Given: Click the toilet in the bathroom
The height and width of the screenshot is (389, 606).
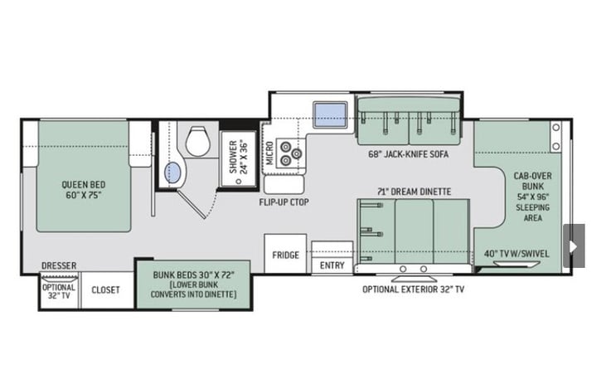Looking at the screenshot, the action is click(198, 141).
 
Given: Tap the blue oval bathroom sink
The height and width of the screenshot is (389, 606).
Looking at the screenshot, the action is click(172, 173).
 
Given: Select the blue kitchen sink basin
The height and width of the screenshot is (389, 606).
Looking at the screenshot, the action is click(330, 115).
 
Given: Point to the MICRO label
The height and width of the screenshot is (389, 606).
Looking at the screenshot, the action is click(269, 153).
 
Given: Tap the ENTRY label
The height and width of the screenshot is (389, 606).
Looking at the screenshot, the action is click(332, 265).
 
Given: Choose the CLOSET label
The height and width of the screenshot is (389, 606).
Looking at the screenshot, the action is click(105, 289).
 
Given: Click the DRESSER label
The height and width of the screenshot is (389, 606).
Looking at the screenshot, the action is click(59, 265).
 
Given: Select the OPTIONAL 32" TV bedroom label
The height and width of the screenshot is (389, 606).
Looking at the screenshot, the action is click(59, 292).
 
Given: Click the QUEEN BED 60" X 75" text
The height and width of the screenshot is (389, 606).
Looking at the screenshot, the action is click(84, 189).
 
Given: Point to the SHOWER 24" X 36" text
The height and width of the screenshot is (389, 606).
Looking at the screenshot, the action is click(238, 157).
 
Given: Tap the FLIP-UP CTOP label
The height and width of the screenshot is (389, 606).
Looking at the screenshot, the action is click(284, 202).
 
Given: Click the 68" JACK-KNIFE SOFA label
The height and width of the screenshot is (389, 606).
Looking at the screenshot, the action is click(409, 154).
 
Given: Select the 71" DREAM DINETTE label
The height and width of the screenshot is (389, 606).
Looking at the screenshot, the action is click(414, 192).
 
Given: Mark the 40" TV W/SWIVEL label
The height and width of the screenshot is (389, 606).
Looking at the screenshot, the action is click(516, 254).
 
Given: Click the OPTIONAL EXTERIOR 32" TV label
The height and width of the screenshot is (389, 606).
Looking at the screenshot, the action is click(413, 289).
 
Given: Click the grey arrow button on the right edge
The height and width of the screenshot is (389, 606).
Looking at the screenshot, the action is click(574, 246).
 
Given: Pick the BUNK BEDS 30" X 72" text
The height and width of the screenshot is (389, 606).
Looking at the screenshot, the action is click(194, 275).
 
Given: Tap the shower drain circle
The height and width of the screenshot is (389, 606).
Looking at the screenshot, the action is click(239, 181).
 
